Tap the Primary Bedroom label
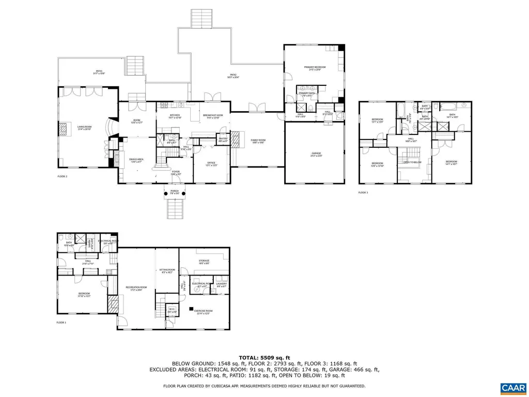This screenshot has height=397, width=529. pos(315,68)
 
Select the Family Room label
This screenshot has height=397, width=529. pos(257,141)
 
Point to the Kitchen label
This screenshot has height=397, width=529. pos(175,116)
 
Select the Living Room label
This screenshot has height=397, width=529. pos(84,127)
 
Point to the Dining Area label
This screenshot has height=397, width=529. pos(136,160)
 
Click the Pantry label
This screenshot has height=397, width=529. pos(223,139)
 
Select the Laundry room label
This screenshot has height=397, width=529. pos(221,284)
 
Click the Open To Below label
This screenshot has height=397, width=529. pos(412,162)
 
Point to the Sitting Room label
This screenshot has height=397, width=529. pos(166,271)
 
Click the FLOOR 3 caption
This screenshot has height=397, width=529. pos(363,192)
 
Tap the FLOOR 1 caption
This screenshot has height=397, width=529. pos(61,323)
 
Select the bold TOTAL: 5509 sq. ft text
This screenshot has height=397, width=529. pos(264,357)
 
